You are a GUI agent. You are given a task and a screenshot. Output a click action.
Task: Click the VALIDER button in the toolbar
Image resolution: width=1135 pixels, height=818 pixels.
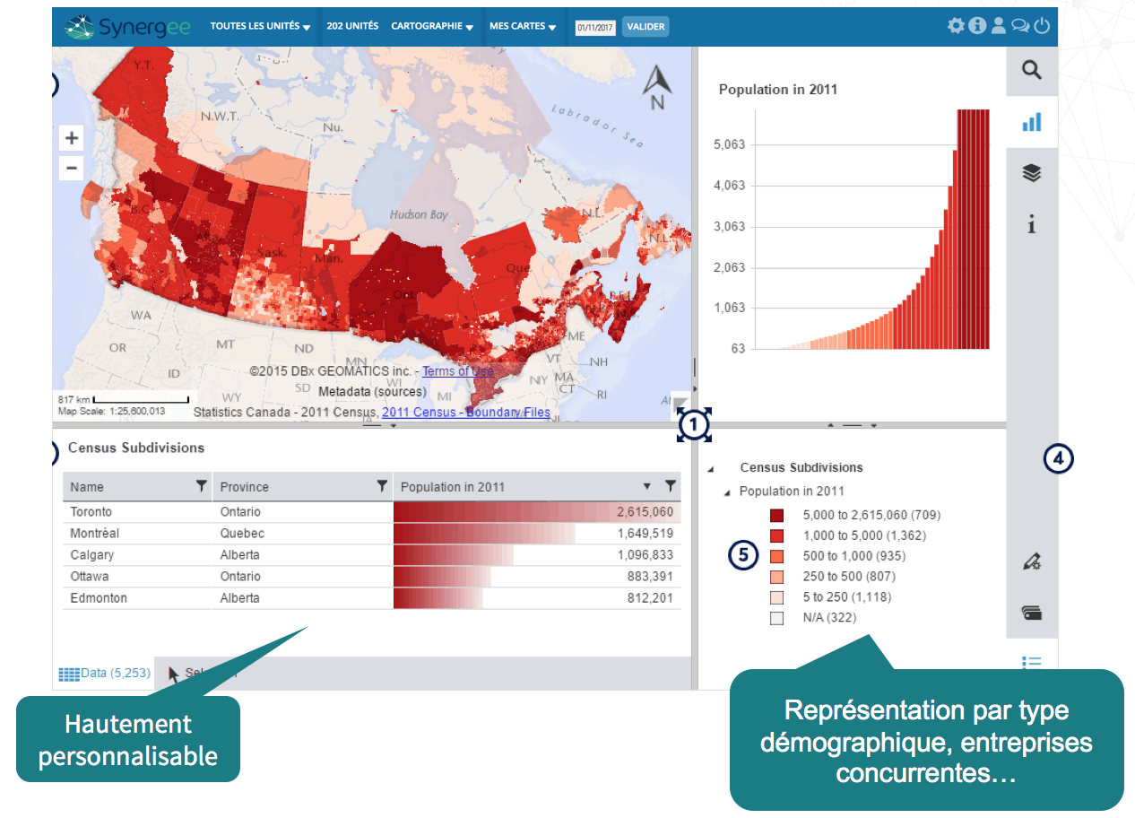[645, 27]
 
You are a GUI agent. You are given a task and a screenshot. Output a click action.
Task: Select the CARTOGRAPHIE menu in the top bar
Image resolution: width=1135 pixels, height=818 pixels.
[431, 27]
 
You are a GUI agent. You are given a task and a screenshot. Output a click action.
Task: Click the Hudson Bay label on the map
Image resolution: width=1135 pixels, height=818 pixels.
[419, 215]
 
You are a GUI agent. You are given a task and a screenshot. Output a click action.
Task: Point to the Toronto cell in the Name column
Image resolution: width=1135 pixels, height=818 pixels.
[91, 512]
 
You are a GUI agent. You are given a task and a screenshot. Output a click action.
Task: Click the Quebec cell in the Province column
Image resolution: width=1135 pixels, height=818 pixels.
[242, 534]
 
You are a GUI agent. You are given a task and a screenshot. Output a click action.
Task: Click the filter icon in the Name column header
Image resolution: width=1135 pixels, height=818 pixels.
[202, 486]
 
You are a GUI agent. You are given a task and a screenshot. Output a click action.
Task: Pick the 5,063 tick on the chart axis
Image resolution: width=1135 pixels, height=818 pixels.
[729, 144]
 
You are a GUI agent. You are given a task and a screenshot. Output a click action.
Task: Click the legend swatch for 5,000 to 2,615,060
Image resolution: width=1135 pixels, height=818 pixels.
[776, 516]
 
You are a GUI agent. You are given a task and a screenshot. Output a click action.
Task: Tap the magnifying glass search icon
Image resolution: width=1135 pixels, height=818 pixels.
[1031, 70]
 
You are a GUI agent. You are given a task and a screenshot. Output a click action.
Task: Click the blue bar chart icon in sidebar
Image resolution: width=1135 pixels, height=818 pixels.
[1031, 122]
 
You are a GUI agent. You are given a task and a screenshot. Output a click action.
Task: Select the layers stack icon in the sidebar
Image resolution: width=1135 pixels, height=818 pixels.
[1031, 173]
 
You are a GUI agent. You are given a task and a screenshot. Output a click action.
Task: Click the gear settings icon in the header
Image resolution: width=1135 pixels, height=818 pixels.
[956, 26]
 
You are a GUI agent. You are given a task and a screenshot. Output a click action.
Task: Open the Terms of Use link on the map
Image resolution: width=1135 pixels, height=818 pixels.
[457, 371]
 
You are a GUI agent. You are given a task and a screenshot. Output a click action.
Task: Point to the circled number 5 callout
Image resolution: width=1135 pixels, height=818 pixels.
[743, 555]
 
